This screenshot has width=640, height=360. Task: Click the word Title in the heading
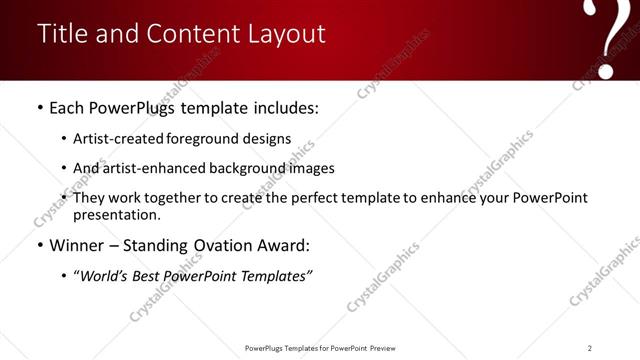pyautogui.click(x=62, y=34)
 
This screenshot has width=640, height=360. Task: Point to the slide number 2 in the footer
pyautogui.click(x=590, y=347)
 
